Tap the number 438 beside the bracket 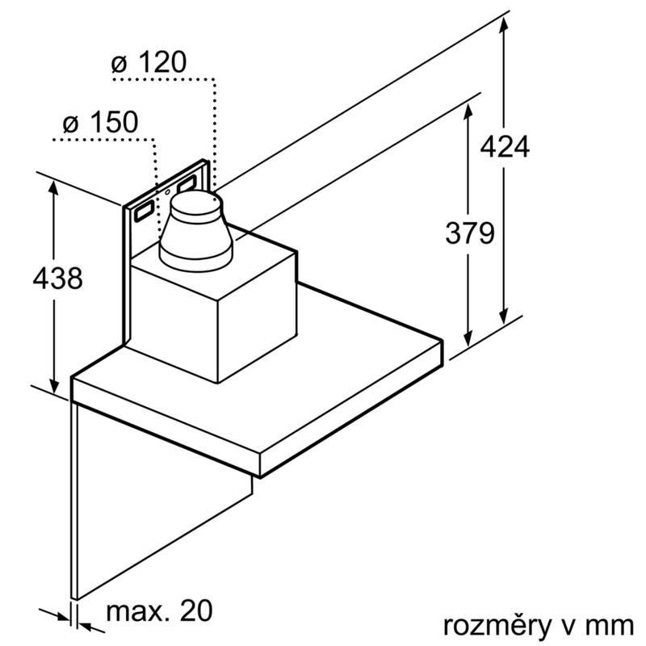pyautogui.click(x=57, y=279)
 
